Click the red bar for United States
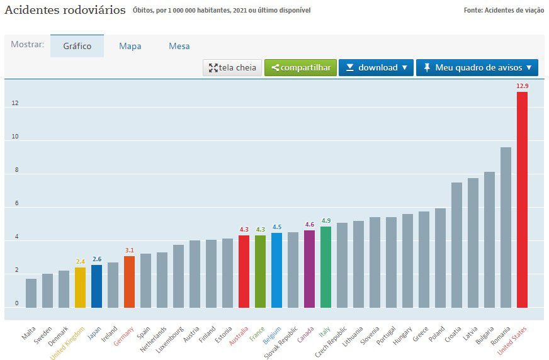522,200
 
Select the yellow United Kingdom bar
80,287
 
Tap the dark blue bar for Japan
96,286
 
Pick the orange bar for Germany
129,281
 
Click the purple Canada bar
309,269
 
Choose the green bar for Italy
325,267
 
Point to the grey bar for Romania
506,227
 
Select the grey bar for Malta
31,293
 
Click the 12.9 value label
522,85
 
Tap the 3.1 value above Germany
129,250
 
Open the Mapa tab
130,46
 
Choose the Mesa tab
179,46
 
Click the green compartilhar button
300,68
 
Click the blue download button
376,68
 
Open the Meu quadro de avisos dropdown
477,68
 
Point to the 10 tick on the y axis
15,137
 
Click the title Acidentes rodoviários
65,10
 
